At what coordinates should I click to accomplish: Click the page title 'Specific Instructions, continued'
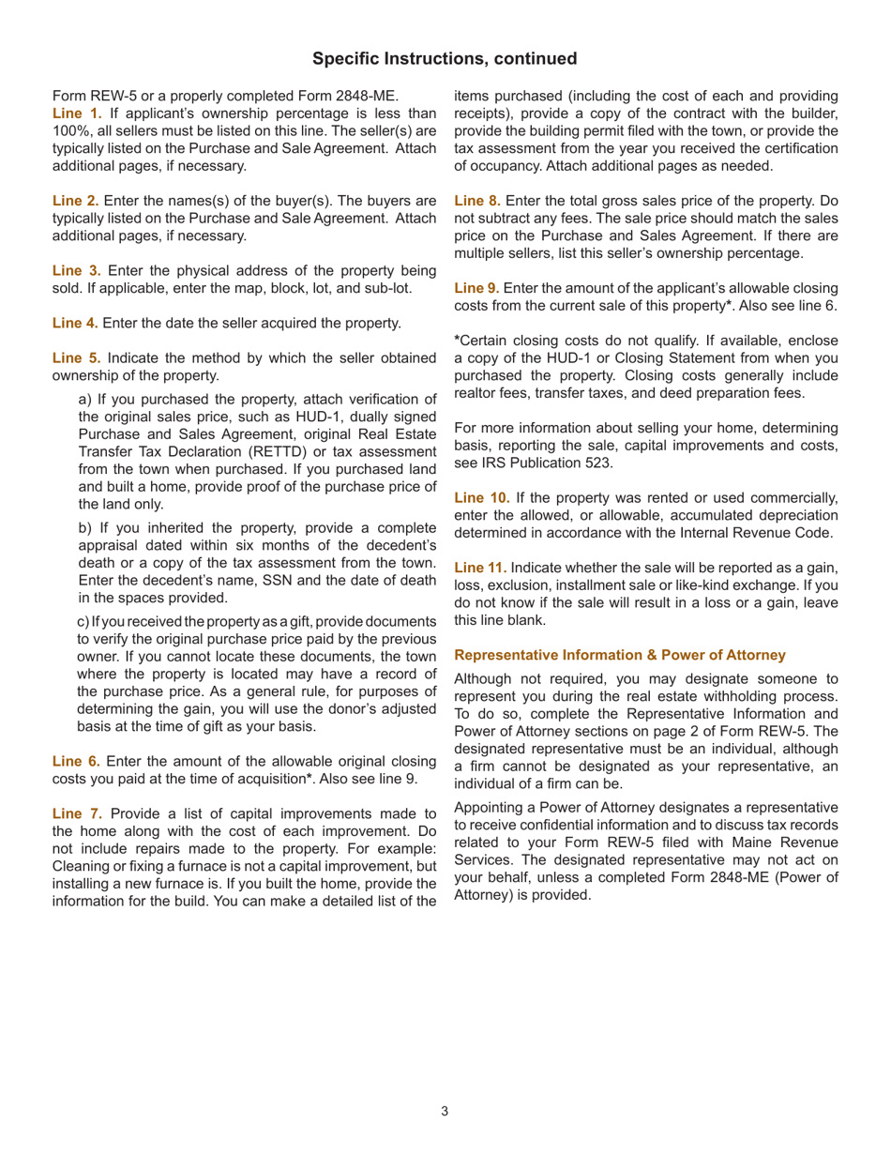(x=445, y=59)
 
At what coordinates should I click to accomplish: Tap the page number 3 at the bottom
(x=445, y=1112)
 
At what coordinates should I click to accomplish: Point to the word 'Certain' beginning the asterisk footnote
(x=483, y=343)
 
